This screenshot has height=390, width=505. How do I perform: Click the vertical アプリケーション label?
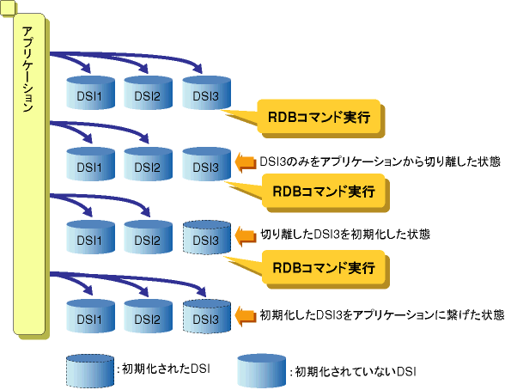(x=28, y=70)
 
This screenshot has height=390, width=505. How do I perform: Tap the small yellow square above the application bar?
(x=8, y=7)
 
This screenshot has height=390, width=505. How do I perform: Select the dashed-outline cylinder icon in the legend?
(x=90, y=371)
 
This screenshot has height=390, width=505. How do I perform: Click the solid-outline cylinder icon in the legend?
(x=261, y=371)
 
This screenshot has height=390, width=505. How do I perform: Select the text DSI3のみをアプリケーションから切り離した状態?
(x=380, y=161)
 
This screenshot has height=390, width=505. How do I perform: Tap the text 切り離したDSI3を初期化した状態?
(x=345, y=235)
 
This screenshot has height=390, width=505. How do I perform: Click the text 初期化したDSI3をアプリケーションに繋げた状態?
(x=382, y=314)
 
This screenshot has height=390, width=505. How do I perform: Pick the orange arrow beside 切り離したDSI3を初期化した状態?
(x=246, y=235)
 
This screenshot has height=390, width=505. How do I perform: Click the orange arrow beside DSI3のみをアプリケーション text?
(x=246, y=161)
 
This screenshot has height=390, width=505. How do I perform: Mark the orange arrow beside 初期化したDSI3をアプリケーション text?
(x=246, y=315)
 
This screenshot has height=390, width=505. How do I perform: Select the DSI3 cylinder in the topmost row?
(x=206, y=93)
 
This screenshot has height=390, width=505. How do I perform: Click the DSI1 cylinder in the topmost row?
(x=90, y=93)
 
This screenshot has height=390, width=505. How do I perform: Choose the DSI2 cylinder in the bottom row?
(x=148, y=316)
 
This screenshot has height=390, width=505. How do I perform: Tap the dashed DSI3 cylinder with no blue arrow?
(x=206, y=237)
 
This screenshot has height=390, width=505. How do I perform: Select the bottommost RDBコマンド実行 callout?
(x=324, y=268)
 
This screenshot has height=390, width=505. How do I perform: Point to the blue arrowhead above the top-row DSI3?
(x=198, y=68)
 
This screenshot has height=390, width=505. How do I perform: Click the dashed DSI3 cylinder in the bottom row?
(x=206, y=316)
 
